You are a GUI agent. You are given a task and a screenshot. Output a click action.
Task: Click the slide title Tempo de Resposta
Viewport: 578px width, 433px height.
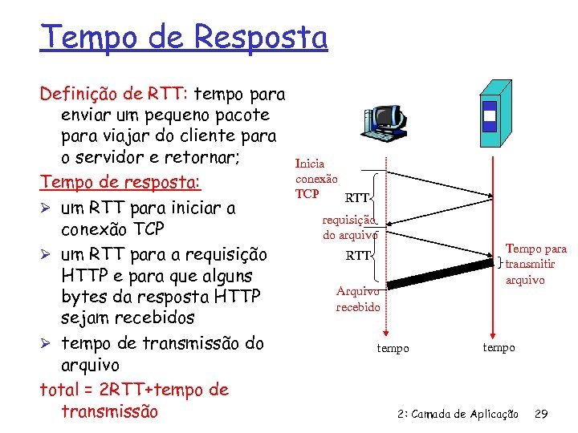(184, 37)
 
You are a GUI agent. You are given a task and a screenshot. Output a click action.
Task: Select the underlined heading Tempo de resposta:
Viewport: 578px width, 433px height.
(120, 181)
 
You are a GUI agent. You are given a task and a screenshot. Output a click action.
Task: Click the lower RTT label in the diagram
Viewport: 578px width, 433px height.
(358, 257)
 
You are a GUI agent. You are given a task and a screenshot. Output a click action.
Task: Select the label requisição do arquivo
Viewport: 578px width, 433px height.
(349, 227)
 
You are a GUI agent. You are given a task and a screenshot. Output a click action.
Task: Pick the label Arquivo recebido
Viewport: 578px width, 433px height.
(358, 299)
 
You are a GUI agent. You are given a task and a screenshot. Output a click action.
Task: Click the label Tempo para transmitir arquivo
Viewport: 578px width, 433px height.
(535, 265)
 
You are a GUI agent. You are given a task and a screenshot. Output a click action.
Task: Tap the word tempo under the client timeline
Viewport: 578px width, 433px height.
(393, 348)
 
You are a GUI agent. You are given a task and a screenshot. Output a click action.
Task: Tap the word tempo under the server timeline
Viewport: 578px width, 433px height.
(499, 347)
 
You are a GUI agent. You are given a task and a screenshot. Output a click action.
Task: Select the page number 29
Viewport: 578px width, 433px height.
(541, 414)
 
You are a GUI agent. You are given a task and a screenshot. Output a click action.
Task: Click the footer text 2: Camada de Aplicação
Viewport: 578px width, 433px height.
(458, 414)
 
